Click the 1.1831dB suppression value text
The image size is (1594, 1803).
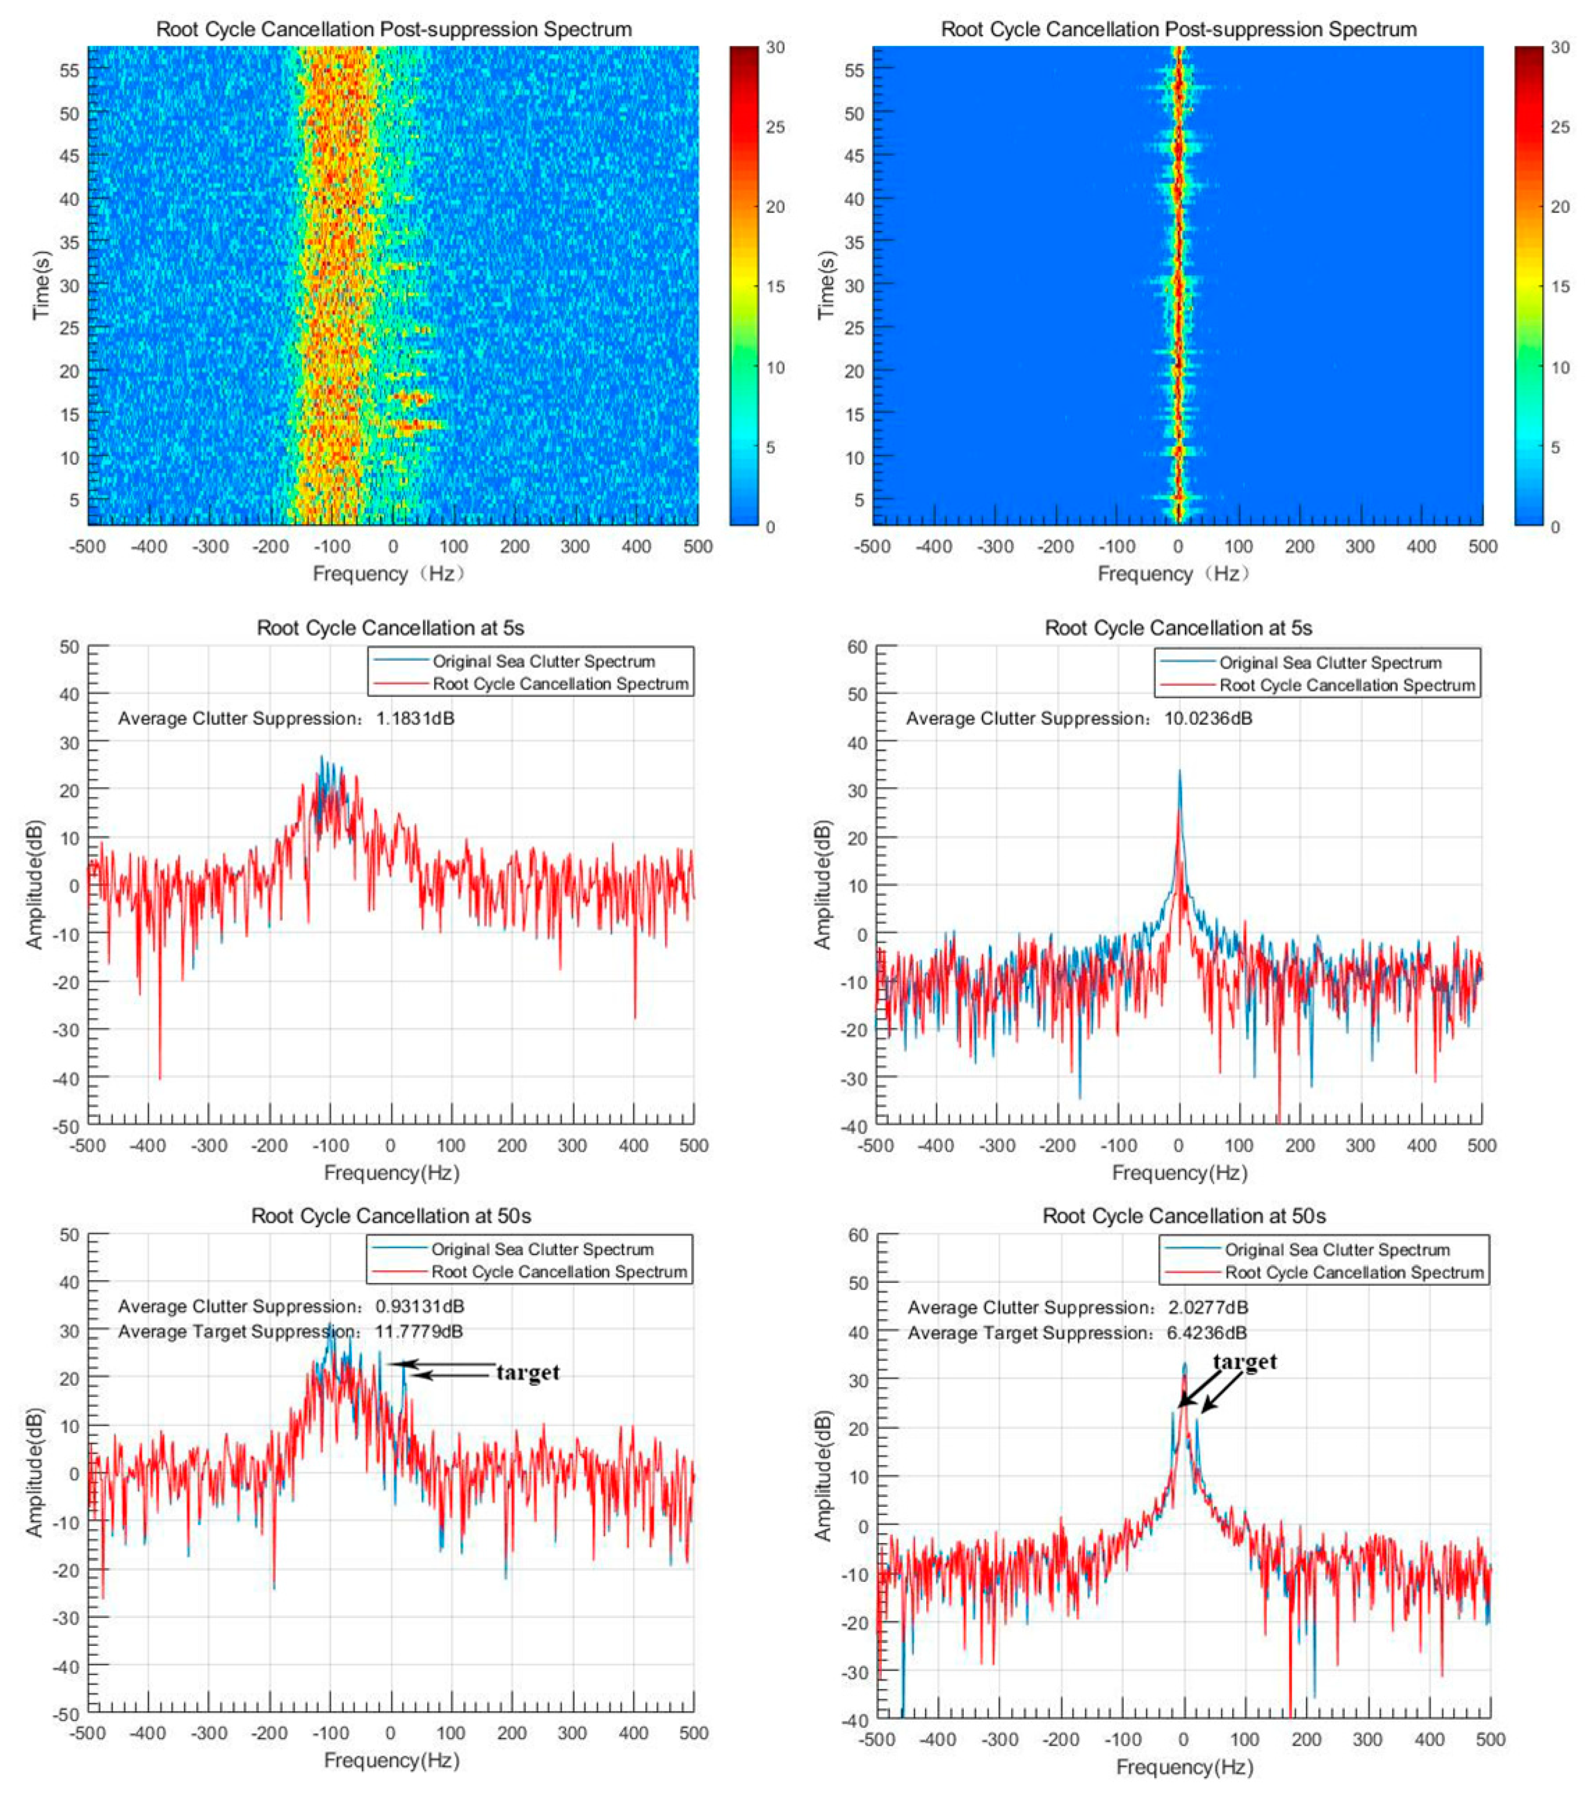point(415,718)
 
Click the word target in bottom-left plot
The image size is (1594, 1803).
point(527,1373)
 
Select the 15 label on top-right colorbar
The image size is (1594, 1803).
point(1559,287)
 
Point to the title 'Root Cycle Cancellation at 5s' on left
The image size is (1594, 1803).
point(390,628)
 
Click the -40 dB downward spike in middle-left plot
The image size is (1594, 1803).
point(159,1076)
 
